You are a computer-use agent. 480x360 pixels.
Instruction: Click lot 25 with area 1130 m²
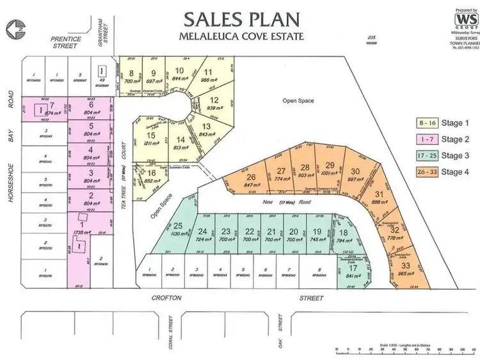(179, 229)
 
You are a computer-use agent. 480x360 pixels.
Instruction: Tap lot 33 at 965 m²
(405, 269)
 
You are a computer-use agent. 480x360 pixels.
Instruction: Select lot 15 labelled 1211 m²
(151, 139)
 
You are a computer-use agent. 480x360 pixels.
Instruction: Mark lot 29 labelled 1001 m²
(330, 170)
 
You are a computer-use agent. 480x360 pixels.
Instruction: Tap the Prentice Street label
(66, 42)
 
